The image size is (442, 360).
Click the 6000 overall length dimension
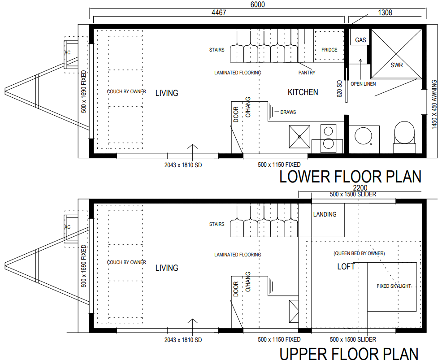(x=258, y=4)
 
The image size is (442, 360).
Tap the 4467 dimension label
(x=219, y=13)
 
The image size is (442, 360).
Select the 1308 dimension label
(x=385, y=13)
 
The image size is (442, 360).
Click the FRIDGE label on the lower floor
(x=329, y=50)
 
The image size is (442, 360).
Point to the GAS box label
(x=360, y=40)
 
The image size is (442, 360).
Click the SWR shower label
(x=397, y=65)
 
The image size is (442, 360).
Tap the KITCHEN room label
(x=303, y=92)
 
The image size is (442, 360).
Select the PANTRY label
(x=307, y=73)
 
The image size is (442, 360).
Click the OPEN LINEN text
(x=363, y=84)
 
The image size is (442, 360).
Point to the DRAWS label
(x=288, y=112)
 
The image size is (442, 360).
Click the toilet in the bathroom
(x=404, y=137)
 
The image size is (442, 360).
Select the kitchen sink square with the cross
(x=299, y=137)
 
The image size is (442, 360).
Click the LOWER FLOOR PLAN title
(x=350, y=177)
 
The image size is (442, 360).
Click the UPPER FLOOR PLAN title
(x=349, y=353)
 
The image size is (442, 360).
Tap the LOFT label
(x=346, y=266)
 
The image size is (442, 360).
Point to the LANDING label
(x=325, y=214)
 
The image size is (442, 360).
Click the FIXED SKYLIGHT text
(x=394, y=286)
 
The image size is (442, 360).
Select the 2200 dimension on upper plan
(x=360, y=188)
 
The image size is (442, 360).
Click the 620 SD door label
(x=339, y=89)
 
